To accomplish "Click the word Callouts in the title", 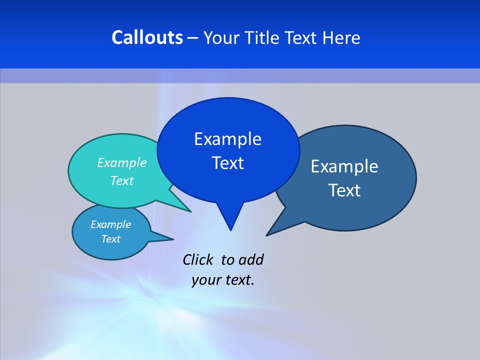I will pyautogui.click(x=147, y=37).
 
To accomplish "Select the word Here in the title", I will pyautogui.click(x=341, y=37).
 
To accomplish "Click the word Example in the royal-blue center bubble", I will pyautogui.click(x=227, y=138).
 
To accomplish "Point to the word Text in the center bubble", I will pyautogui.click(x=227, y=163).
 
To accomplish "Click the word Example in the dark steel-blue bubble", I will pyautogui.click(x=344, y=166).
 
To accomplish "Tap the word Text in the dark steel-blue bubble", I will pyautogui.click(x=344, y=190).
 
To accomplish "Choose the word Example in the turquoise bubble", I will pyautogui.click(x=122, y=162).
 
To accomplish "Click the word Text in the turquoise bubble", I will pyautogui.click(x=122, y=180).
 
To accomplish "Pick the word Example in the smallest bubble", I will pyautogui.click(x=110, y=224).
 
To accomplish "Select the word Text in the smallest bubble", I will pyautogui.click(x=110, y=239).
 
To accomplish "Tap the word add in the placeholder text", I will pyautogui.click(x=251, y=259).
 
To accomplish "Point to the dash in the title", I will pyautogui.click(x=193, y=38).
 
